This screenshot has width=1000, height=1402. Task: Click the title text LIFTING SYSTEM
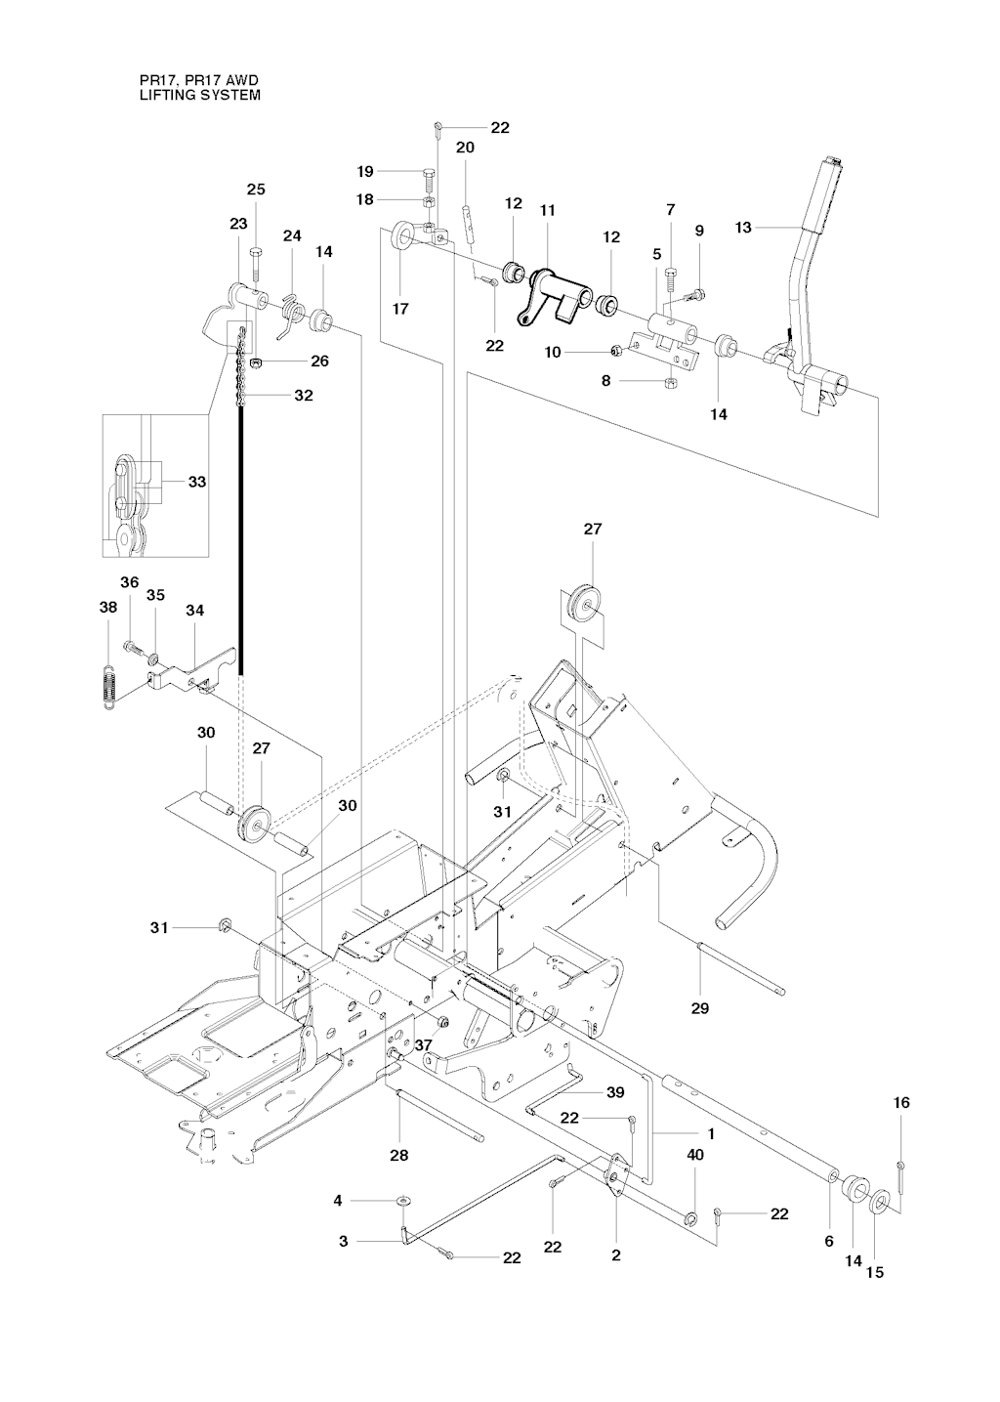pyautogui.click(x=199, y=96)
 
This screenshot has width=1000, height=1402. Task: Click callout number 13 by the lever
pyautogui.click(x=743, y=228)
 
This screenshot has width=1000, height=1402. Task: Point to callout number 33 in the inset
pyautogui.click(x=197, y=482)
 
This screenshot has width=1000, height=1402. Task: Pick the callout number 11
pyautogui.click(x=547, y=210)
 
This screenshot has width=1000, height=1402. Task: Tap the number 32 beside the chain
pyautogui.click(x=304, y=396)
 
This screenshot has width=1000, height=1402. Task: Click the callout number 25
pyautogui.click(x=255, y=190)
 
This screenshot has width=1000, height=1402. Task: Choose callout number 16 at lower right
pyautogui.click(x=901, y=1102)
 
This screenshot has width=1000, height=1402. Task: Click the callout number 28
pyautogui.click(x=398, y=1156)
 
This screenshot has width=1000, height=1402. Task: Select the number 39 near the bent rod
pyautogui.click(x=615, y=1092)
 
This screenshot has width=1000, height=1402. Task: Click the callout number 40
pyautogui.click(x=695, y=1154)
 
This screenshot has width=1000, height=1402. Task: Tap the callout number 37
pyautogui.click(x=423, y=1044)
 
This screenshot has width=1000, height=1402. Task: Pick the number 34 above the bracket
pyautogui.click(x=195, y=611)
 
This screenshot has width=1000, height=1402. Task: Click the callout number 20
pyautogui.click(x=465, y=148)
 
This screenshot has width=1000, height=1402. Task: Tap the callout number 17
pyautogui.click(x=400, y=309)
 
